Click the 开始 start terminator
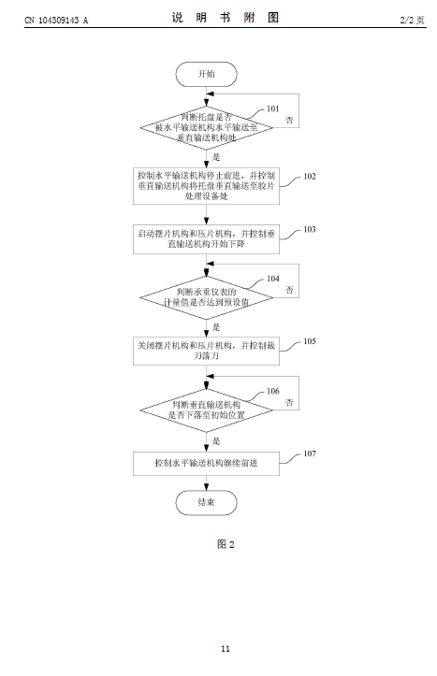206,74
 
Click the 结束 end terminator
206,503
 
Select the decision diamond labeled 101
206,127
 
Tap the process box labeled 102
206,186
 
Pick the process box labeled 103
206,238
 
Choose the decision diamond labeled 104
206,297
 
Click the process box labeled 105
206,351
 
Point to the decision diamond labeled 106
206,410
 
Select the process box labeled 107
206,464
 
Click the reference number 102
310,177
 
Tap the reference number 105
310,341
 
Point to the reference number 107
310,453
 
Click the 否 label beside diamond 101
289,121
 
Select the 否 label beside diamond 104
289,290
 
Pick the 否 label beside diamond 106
289,403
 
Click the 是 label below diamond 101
216,157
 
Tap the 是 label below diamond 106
216,441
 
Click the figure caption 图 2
226,544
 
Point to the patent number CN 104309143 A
56,20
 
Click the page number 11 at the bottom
226,649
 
